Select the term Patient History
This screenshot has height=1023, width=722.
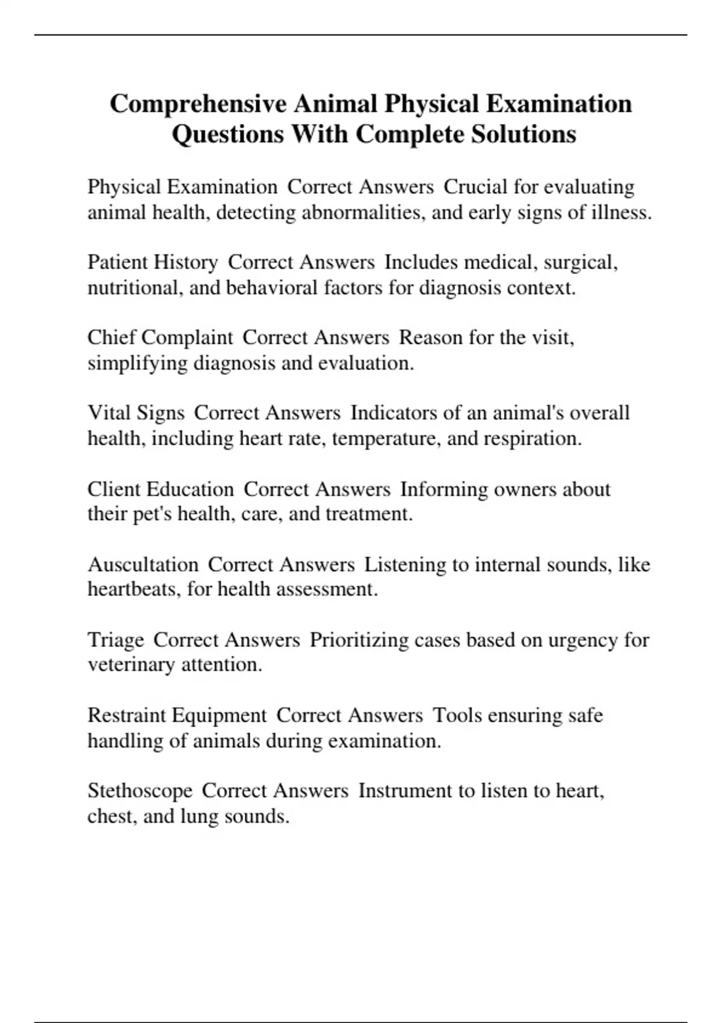pyautogui.click(x=153, y=262)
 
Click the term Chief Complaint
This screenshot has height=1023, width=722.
pyautogui.click(x=160, y=338)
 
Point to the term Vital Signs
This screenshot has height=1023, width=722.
pyautogui.click(x=136, y=413)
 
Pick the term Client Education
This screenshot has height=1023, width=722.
pyautogui.click(x=161, y=489)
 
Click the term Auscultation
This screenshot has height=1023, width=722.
pyautogui.click(x=143, y=564)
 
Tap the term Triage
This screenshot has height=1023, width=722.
pyautogui.click(x=116, y=640)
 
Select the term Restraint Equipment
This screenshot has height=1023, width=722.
pyautogui.click(x=177, y=715)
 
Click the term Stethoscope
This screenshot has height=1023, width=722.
pyautogui.click(x=140, y=790)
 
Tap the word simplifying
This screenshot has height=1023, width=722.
pyautogui.click(x=138, y=363)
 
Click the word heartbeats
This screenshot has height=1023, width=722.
pyautogui.click(x=134, y=589)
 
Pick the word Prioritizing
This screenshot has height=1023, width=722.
pyautogui.click(x=359, y=640)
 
